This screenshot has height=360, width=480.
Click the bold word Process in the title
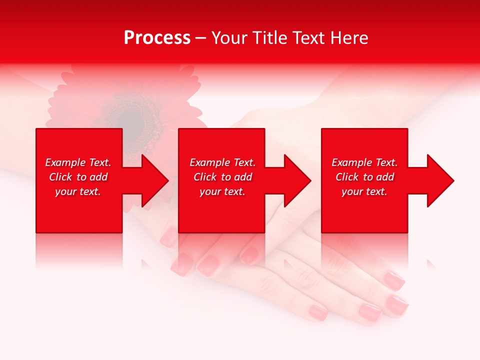pyautogui.click(x=157, y=38)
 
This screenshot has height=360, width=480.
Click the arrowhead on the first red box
pyautogui.click(x=154, y=180)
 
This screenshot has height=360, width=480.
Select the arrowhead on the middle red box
pyautogui.click(x=296, y=180)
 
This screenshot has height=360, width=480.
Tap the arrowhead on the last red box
pyautogui.click(x=439, y=180)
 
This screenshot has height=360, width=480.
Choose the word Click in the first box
pyautogui.click(x=60, y=177)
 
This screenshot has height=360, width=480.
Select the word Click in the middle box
pyautogui.click(x=205, y=177)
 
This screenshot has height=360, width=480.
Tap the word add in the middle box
pyautogui.click(x=242, y=177)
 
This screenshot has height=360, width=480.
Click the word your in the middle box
pyautogui.click(x=210, y=191)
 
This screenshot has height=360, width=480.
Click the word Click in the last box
pyautogui.click(x=347, y=177)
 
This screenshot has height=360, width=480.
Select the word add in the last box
pyautogui.click(x=384, y=177)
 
